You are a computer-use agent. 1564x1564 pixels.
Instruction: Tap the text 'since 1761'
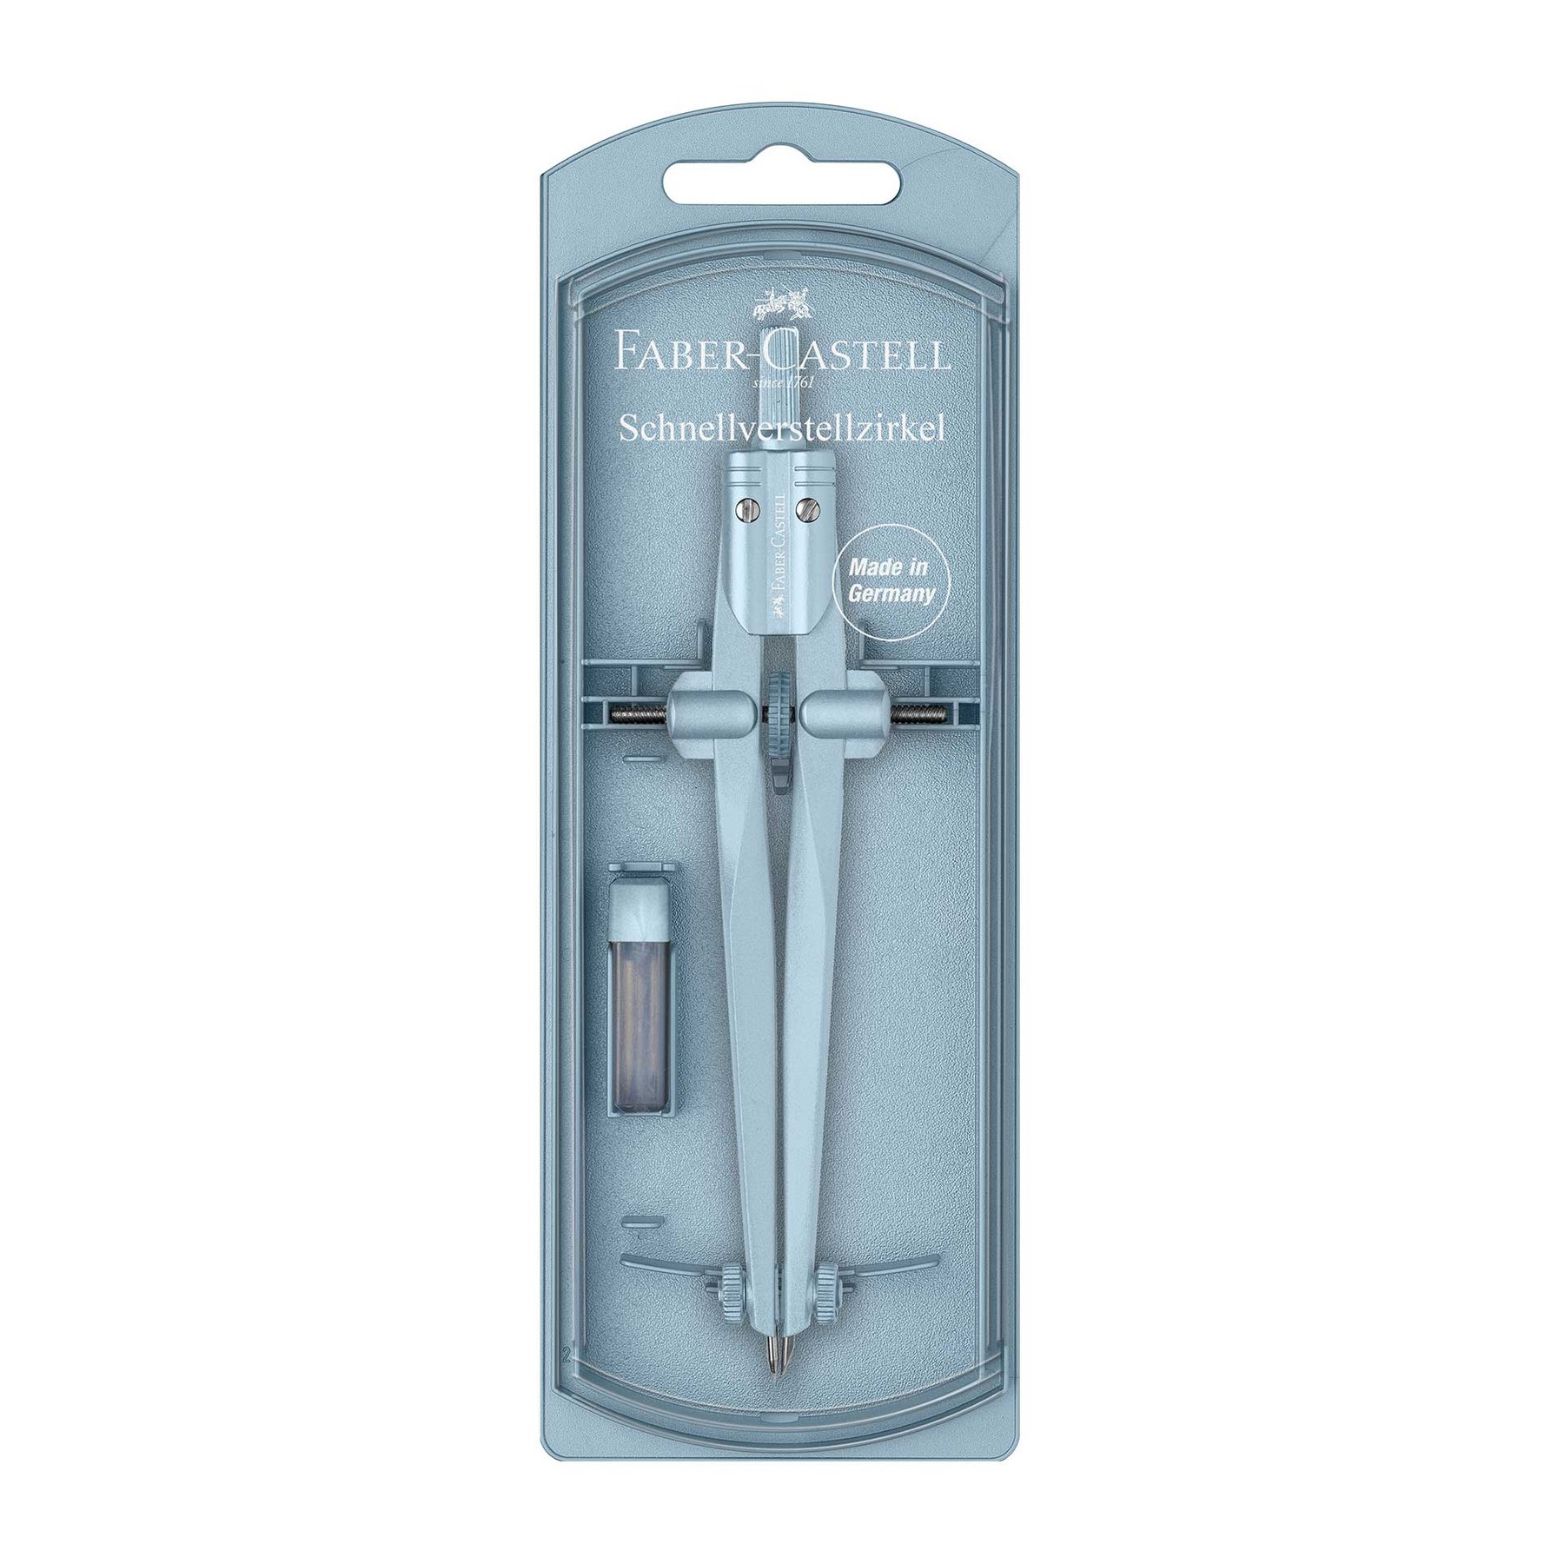tap(782, 381)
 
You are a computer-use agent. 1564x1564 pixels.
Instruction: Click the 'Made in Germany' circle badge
tap(889, 581)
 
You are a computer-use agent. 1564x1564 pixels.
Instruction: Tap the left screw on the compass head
tap(747, 507)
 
